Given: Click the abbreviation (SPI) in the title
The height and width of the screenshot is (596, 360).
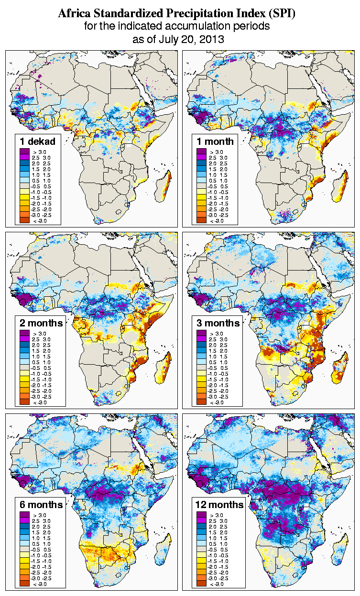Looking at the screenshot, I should (x=281, y=14).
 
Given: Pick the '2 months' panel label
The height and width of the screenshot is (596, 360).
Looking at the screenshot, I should (x=41, y=323).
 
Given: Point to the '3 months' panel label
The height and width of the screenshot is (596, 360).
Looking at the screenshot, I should (x=218, y=323).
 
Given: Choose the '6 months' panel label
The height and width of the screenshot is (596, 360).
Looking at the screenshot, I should (x=41, y=504).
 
